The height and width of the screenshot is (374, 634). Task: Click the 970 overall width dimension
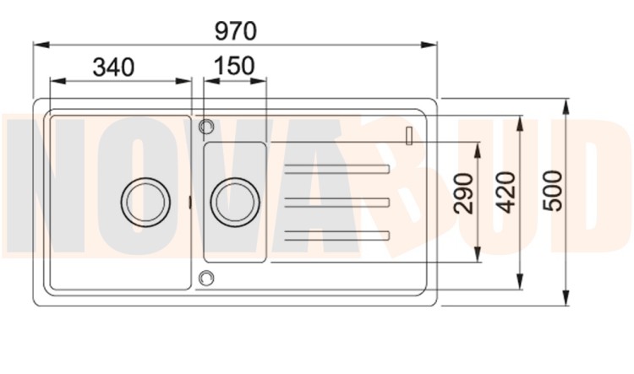[x=236, y=31]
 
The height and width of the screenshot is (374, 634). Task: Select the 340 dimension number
[x=113, y=67]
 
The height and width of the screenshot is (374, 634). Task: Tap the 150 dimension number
[x=234, y=66]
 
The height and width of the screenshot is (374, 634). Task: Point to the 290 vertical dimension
[x=463, y=193]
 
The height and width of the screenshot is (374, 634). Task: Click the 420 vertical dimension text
[x=506, y=192]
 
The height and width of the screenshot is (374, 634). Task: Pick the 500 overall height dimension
[x=553, y=191]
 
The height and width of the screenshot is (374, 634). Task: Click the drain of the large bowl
[x=145, y=202]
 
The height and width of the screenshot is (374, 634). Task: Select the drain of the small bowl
[x=235, y=202]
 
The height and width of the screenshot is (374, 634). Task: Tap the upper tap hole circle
[x=206, y=127]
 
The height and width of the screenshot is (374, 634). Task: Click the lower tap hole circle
[x=206, y=278]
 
